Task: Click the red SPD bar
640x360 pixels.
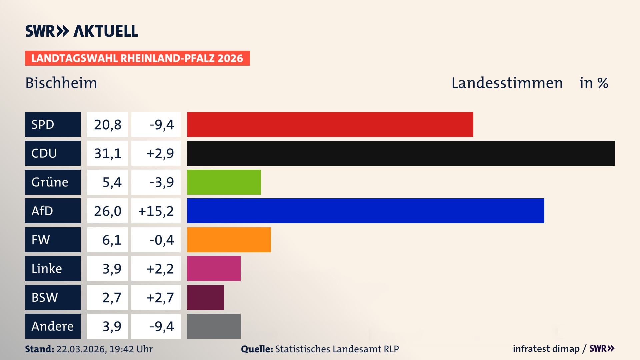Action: [330, 124]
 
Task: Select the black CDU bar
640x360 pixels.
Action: [401, 153]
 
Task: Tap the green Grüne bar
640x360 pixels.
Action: [224, 182]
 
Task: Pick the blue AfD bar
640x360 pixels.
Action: [365, 211]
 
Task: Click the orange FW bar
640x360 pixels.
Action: [229, 240]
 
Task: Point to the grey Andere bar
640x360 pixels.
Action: [214, 326]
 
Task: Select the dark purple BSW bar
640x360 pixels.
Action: [205, 297]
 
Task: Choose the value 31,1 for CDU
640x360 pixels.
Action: [107, 153]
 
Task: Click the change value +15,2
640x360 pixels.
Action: [156, 211]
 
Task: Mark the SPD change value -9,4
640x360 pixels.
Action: [162, 125]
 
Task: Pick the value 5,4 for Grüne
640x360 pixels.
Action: [112, 182]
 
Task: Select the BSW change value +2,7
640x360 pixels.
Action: [160, 297]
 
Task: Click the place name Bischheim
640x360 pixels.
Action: [61, 83]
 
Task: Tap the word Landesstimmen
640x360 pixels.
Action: [507, 83]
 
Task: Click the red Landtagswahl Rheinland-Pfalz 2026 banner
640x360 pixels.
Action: [137, 58]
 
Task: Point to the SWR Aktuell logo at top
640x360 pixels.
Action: [82, 31]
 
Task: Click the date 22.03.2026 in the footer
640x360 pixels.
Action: [81, 349]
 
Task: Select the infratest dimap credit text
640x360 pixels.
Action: [546, 349]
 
